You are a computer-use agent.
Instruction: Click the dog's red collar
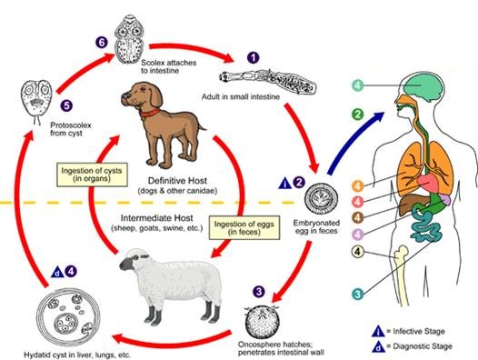tap(150, 113)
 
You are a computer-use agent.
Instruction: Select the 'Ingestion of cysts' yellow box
tap(92, 175)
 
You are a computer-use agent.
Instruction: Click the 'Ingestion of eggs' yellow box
tap(244, 228)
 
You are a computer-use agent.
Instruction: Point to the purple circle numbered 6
tap(101, 42)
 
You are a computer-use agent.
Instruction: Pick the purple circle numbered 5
tap(66, 105)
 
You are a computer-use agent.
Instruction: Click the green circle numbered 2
tap(357, 115)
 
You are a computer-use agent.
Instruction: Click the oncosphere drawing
tap(263, 322)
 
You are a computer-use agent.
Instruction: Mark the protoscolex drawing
tap(36, 102)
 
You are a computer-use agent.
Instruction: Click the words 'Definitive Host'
tap(177, 181)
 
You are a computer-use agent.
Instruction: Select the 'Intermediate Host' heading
tap(157, 218)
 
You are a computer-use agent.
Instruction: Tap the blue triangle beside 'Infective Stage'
tap(378, 331)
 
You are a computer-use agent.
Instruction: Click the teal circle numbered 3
tap(357, 295)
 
